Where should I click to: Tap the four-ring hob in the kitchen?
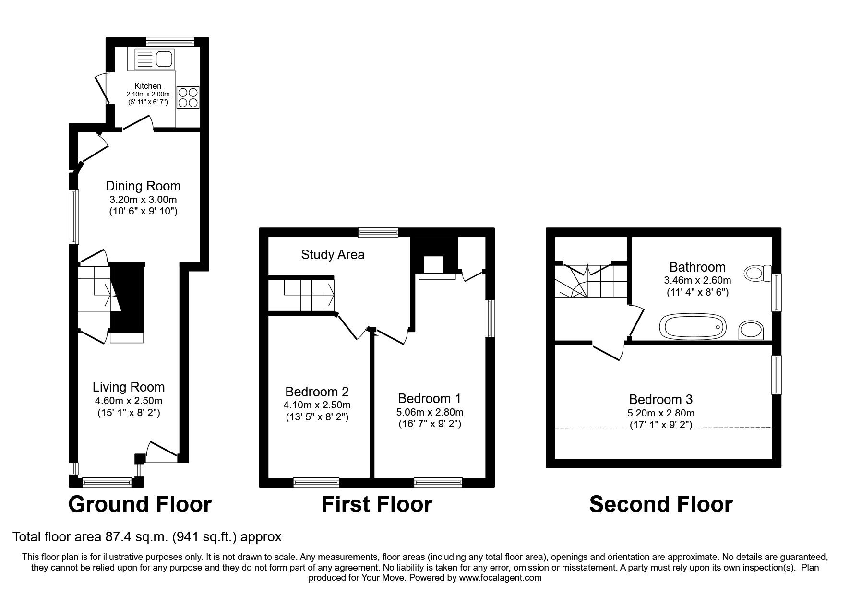188,97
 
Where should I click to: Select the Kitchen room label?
148,86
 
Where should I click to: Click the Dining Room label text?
143,186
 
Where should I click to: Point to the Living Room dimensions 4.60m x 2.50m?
128,401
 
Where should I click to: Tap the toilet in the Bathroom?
757,274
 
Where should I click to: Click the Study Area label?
333,255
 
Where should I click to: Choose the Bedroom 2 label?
317,392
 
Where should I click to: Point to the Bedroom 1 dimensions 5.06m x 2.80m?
430,412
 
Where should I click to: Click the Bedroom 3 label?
660,400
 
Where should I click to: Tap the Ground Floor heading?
140,505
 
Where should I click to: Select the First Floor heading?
377,505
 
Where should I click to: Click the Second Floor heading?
661,505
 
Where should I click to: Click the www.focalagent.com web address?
500,578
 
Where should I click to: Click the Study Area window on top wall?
378,233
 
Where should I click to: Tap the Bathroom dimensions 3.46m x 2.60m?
698,280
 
